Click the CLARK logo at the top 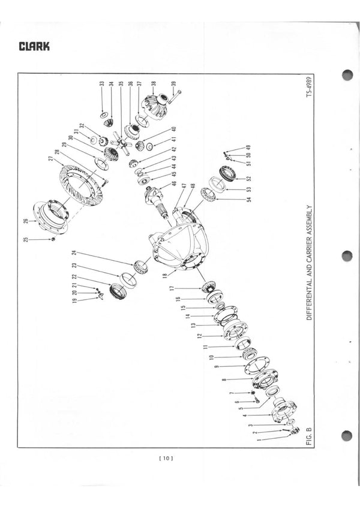(x=34, y=46)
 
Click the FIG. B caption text (x=309, y=433)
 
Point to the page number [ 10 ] (x=166, y=459)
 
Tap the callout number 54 (x=249, y=198)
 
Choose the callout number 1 (x=259, y=441)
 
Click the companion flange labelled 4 (x=282, y=411)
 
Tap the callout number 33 (x=103, y=84)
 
